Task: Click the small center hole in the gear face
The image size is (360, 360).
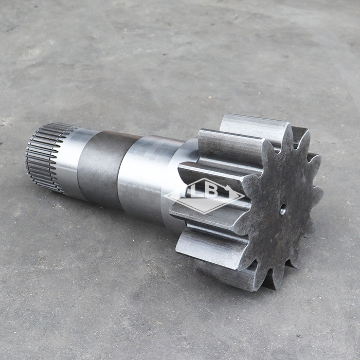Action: pos(283,209)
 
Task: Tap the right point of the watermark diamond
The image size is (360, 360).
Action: pos(244,195)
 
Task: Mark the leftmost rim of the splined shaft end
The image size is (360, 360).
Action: pos(28,157)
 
